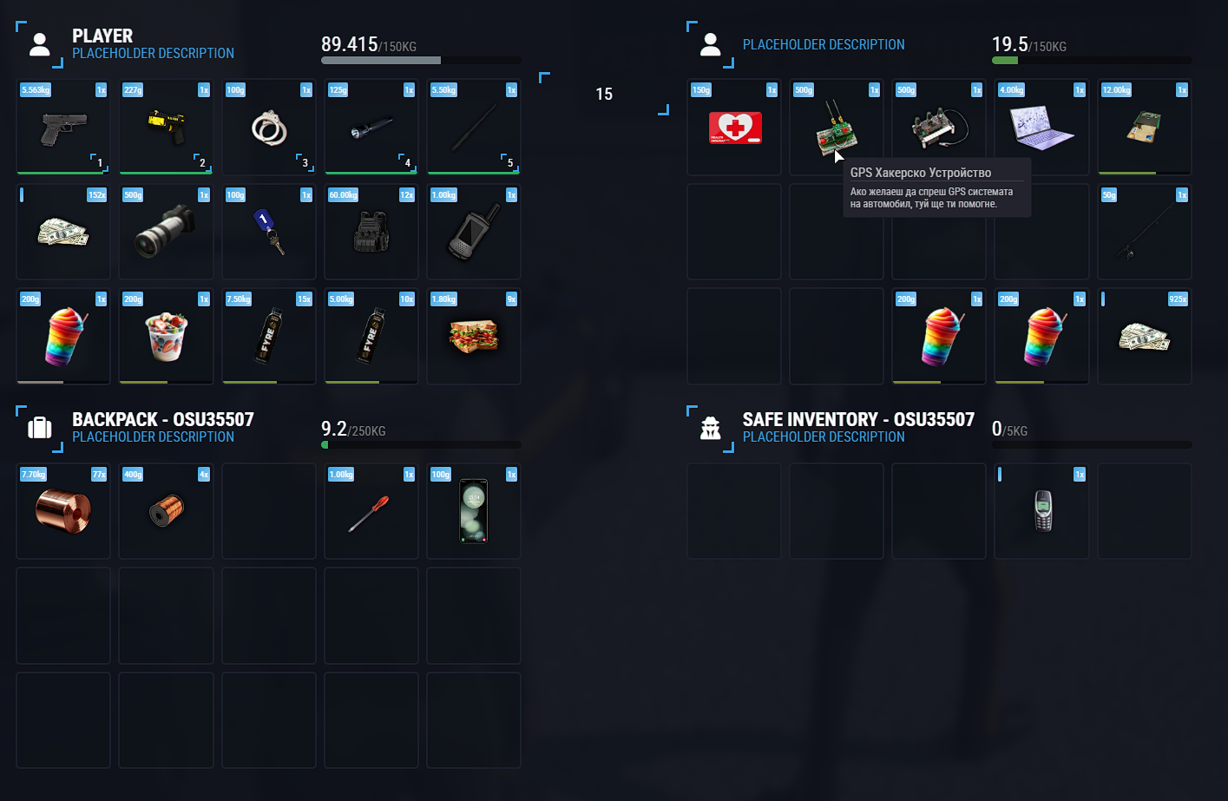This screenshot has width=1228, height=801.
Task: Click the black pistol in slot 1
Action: [x=63, y=129]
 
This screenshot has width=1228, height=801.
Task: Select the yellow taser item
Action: [x=166, y=128]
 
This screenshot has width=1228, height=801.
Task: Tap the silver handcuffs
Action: [x=269, y=129]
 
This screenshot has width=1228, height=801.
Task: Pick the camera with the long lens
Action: [x=166, y=231]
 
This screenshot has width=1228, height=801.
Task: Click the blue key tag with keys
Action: [x=269, y=232]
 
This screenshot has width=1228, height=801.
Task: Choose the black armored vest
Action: [x=371, y=232]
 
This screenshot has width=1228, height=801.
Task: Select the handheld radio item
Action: [x=474, y=232]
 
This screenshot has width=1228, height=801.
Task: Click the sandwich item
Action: [x=474, y=336]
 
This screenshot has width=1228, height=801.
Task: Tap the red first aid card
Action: [x=735, y=128]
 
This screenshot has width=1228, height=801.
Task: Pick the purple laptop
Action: [x=1041, y=128]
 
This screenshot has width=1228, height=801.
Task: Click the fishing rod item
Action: [x=1144, y=232]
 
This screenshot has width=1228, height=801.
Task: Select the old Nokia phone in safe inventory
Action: [x=1042, y=510]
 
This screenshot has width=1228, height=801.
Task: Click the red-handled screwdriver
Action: [x=370, y=512]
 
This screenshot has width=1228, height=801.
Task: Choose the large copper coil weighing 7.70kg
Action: [x=62, y=510]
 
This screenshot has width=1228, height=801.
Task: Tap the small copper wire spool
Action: [x=165, y=511]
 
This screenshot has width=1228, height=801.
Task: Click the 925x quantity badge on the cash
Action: [x=1177, y=299]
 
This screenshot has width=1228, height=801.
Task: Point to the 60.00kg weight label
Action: [x=343, y=195]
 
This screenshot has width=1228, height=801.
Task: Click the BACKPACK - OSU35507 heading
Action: [x=163, y=419]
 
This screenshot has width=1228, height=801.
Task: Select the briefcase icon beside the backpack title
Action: [x=40, y=427]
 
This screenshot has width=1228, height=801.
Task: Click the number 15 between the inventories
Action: [x=604, y=94]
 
